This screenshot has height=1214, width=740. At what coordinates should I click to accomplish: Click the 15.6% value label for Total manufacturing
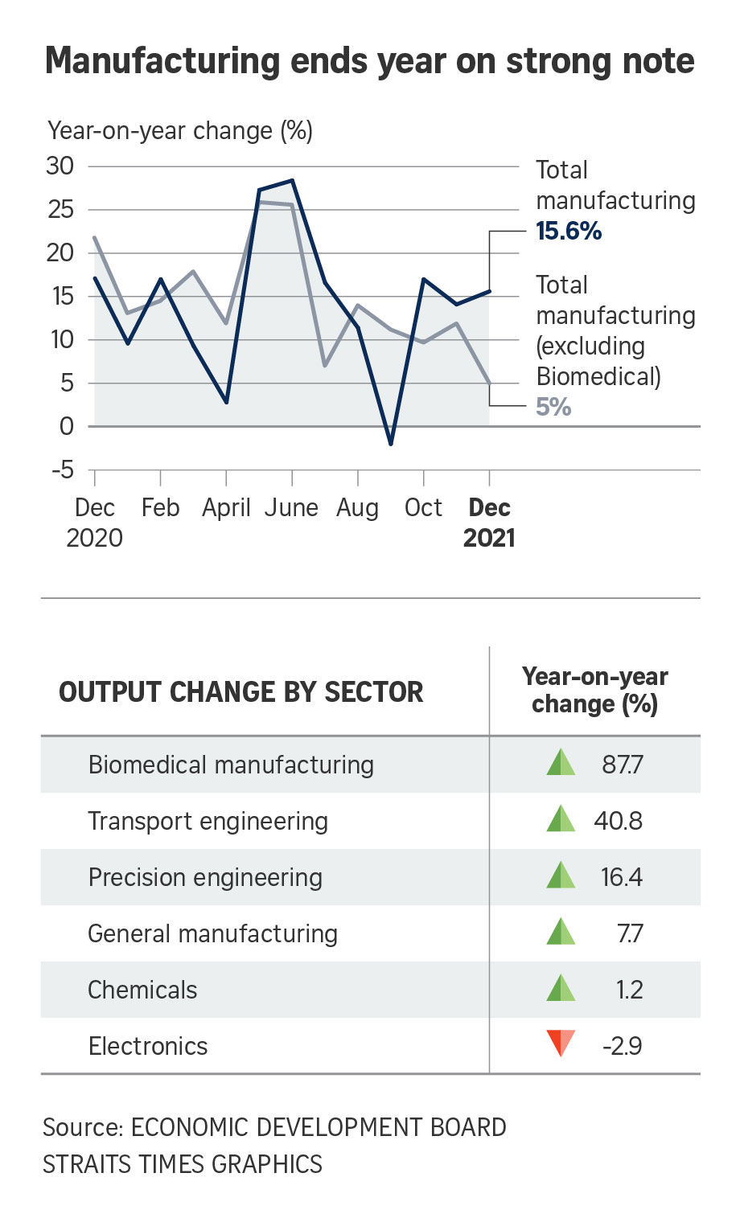[x=569, y=232]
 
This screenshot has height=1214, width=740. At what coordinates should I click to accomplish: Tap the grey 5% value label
[x=553, y=407]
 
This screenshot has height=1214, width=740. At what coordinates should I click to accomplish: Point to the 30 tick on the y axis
[x=60, y=166]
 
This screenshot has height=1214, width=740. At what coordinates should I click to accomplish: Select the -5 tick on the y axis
[x=62, y=470]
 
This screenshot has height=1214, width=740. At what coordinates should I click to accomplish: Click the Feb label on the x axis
[x=160, y=508]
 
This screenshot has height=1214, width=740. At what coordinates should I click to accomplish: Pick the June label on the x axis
[x=291, y=508]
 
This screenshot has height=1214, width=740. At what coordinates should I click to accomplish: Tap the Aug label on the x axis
[x=357, y=508]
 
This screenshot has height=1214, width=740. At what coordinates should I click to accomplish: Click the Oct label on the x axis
[x=423, y=508]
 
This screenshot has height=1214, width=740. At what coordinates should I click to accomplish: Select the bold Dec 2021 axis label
[x=489, y=523]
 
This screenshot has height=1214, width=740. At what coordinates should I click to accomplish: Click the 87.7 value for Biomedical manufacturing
[x=623, y=764]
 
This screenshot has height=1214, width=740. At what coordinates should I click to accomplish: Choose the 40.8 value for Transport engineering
[x=619, y=821]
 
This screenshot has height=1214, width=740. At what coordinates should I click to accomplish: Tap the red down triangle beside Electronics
[x=561, y=1044]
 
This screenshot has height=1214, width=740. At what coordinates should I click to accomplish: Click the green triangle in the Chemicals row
[x=561, y=988]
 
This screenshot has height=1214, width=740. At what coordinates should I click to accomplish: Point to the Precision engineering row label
[x=205, y=877]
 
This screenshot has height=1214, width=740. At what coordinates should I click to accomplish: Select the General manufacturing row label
[x=212, y=933]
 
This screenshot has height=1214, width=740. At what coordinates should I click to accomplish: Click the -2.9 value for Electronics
[x=622, y=1046]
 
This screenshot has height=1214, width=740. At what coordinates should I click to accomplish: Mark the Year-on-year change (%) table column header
[x=595, y=691]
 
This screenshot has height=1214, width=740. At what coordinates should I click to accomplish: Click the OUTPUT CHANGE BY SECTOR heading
[x=241, y=692]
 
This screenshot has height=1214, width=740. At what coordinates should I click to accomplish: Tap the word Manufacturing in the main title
[x=162, y=61]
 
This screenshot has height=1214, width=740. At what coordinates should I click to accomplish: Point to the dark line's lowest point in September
[x=391, y=444]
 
